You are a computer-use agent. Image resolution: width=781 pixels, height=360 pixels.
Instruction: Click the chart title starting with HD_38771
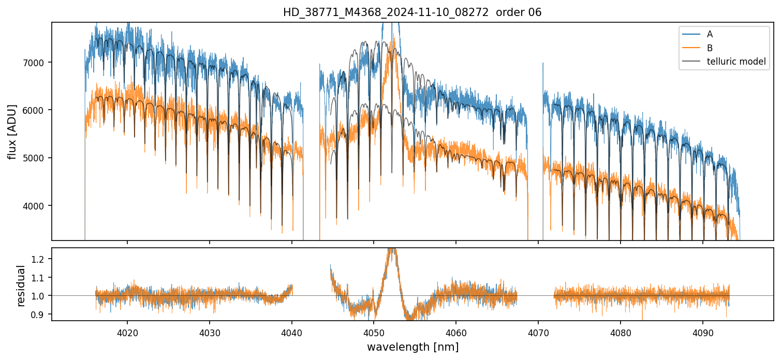pos(412,12)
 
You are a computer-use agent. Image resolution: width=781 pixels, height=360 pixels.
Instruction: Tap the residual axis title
pos(21,286)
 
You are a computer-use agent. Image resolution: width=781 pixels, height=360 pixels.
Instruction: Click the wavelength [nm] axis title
pos(412,347)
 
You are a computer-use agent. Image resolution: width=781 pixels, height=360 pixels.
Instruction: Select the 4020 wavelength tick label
pos(127,332)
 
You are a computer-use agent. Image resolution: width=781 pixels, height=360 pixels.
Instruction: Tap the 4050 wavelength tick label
pos(374,332)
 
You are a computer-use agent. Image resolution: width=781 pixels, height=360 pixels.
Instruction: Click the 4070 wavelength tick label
pos(538,332)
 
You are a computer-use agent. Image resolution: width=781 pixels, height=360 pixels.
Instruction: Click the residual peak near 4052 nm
pos(392,250)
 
